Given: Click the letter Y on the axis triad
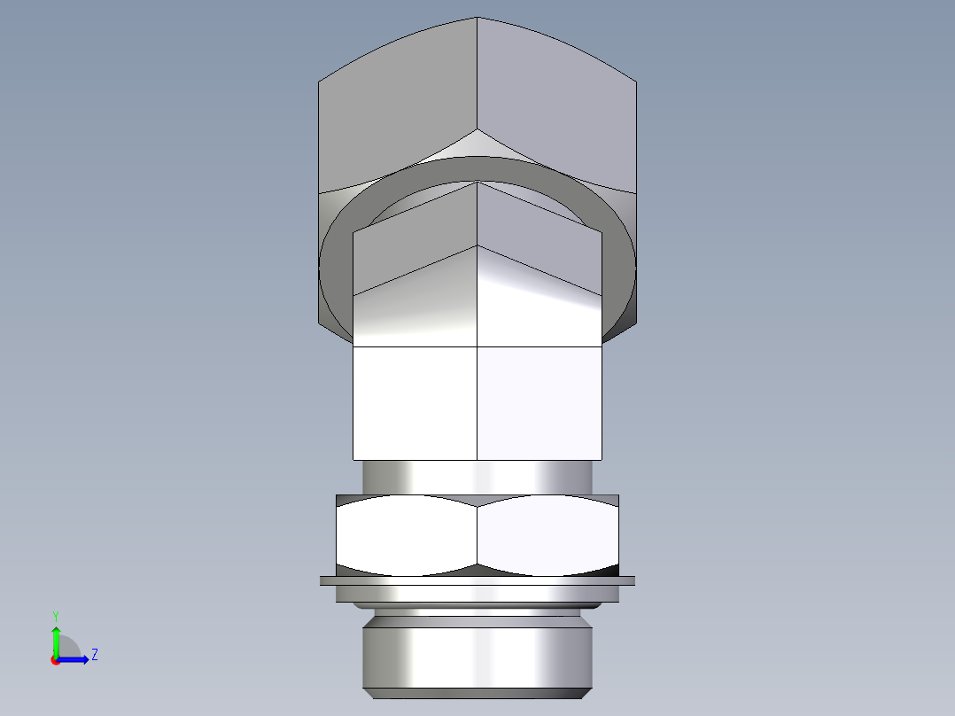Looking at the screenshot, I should pyautogui.click(x=55, y=615).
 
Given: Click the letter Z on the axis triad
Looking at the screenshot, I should pyautogui.click(x=94, y=655).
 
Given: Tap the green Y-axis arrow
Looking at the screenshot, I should pyautogui.click(x=55, y=640).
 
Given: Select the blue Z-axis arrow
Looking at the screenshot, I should pyautogui.click(x=78, y=659).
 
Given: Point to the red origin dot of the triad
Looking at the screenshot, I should pyautogui.click(x=55, y=660).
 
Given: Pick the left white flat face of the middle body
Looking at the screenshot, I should pyautogui.click(x=415, y=402).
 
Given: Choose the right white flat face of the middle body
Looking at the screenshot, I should pyautogui.click(x=540, y=402).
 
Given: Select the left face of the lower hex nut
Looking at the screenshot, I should pyautogui.click(x=406, y=534).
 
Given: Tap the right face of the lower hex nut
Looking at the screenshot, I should pyautogui.click(x=547, y=534).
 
